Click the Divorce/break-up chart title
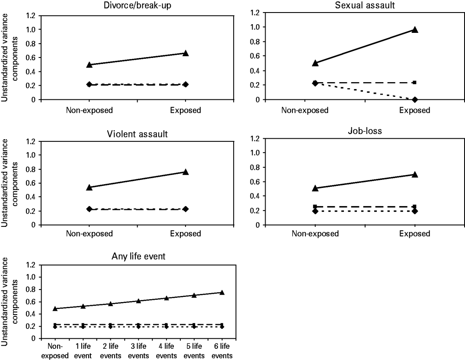pos(137,6)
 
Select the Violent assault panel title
pos(137,133)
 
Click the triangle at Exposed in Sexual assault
pos(415,30)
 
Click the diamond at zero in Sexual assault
pos(415,99)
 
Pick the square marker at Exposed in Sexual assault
pos(415,83)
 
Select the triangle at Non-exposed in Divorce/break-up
pos(89,65)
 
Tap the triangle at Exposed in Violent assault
pos(186,172)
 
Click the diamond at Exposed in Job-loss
pos(415,211)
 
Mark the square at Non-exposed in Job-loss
pos(315,207)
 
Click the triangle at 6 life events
pos(222,293)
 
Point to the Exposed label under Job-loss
pos(415,234)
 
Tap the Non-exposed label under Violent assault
pos(89,234)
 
